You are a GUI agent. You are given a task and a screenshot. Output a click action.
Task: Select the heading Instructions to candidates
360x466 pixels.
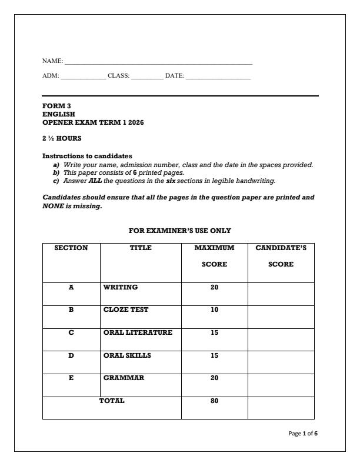click(x=87, y=156)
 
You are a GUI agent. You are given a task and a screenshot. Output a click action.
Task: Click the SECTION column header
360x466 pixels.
click(x=71, y=248)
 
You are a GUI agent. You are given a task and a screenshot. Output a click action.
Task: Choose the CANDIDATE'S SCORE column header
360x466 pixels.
click(x=281, y=256)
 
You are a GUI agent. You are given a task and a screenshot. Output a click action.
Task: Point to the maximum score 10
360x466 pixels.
click(x=214, y=309)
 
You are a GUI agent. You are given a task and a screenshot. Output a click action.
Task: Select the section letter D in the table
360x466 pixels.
click(x=71, y=355)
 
